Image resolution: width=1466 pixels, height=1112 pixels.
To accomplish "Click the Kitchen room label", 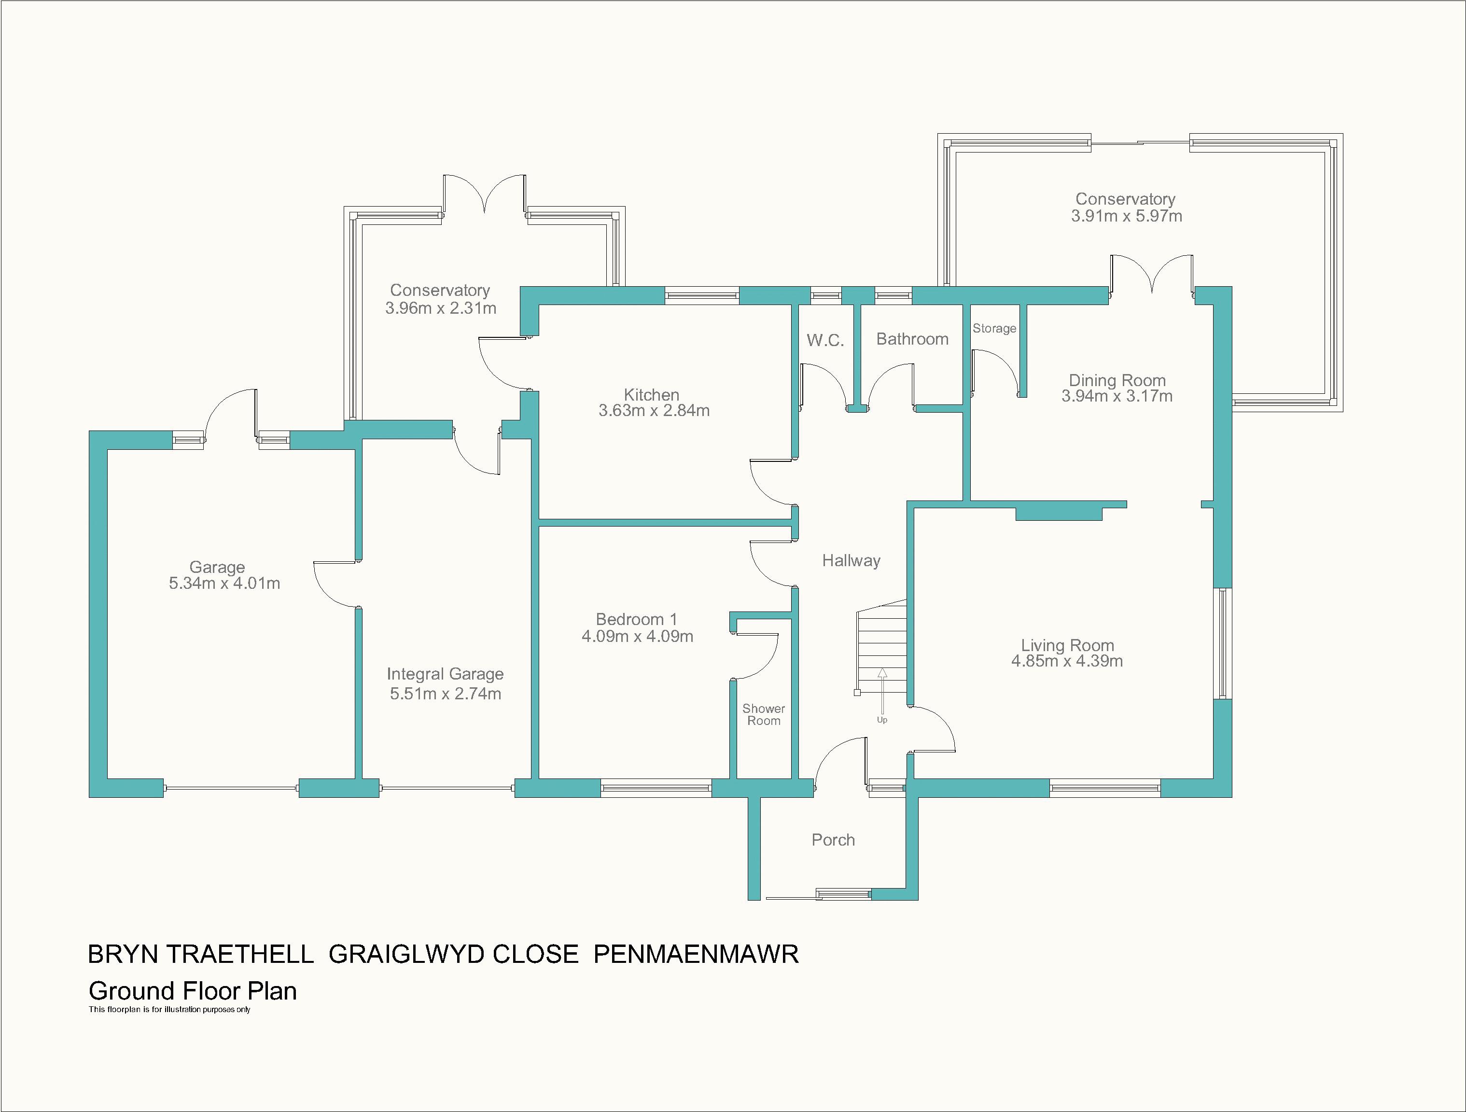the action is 652,395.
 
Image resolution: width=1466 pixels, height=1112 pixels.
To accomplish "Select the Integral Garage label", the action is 446,674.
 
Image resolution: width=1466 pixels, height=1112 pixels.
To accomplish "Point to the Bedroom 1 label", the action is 636,620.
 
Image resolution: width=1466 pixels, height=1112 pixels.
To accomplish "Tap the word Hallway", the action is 851,561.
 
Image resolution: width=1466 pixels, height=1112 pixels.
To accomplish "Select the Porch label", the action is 833,840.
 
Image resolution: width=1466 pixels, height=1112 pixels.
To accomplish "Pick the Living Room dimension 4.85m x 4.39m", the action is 1067,661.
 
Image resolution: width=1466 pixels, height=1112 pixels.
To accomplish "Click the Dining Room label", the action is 1117,380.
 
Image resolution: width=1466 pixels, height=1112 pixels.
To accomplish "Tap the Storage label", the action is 994,329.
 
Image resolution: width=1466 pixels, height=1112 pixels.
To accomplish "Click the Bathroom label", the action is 912,339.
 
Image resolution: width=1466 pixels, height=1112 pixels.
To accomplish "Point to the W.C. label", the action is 825,341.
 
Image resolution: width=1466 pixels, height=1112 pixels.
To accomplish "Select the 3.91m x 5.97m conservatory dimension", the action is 1127,216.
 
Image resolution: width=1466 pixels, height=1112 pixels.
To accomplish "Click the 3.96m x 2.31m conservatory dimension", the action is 441,308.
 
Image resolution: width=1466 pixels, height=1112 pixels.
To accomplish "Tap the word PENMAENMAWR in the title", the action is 696,954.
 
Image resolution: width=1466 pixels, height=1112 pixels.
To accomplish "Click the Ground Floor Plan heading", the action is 193,991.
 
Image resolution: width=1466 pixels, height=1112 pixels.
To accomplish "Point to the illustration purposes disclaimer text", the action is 169,1010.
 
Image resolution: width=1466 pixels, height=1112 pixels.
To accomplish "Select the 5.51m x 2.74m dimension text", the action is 446,694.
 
